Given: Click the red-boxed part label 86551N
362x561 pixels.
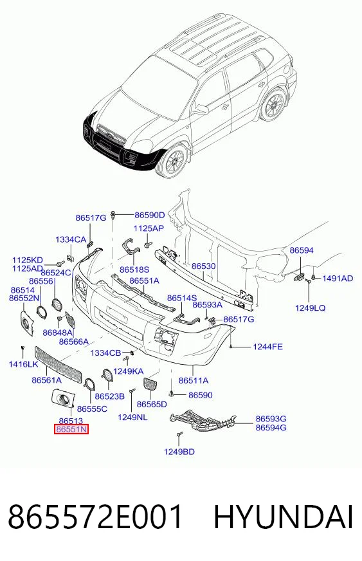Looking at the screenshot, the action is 71,429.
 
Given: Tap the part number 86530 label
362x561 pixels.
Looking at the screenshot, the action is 204,266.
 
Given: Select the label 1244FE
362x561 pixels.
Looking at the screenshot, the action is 267,346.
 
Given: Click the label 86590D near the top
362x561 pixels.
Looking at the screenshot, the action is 150,215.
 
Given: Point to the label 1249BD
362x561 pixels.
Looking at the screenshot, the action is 179,452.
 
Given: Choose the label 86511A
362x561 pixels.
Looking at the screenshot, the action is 194,380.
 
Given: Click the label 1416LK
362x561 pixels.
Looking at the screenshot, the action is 23,364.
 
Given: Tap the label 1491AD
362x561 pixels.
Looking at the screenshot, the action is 338,279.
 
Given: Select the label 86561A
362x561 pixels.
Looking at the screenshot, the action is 46,380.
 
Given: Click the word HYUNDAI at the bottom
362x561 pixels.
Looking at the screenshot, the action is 284,517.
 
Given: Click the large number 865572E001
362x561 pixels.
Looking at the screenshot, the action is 95,517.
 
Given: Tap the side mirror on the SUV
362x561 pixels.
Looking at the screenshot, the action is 202,109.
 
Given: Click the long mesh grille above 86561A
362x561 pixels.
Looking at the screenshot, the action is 58,364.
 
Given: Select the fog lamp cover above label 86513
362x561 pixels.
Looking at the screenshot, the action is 62,399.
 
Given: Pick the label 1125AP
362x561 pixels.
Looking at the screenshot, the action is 149,228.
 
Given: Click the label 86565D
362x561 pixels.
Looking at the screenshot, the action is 152,404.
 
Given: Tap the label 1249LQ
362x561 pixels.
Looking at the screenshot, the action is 310,308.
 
